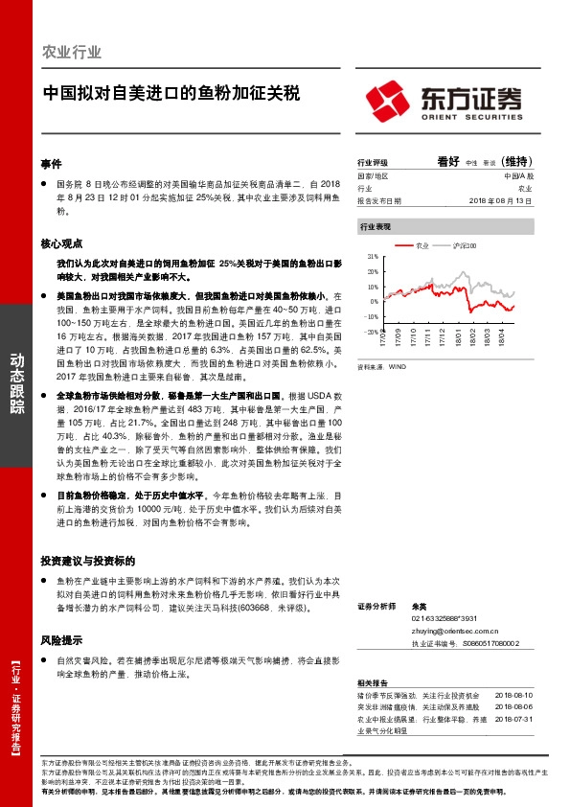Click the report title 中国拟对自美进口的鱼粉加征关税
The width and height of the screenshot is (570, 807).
[171, 94]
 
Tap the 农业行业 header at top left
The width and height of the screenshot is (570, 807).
[72, 52]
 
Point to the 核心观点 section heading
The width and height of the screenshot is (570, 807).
[62, 244]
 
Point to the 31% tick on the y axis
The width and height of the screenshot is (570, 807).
[372, 257]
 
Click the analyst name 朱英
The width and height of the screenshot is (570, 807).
[418, 607]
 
